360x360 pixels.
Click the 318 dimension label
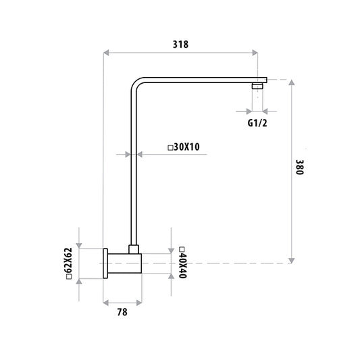pyautogui.click(x=180, y=45)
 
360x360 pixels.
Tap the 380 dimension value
pyautogui.click(x=300, y=167)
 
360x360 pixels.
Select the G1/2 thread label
pyautogui.click(x=257, y=123)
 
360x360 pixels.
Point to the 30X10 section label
pyautogui.click(x=186, y=147)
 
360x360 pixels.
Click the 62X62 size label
pyautogui.click(x=69, y=260)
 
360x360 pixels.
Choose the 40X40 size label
pyautogui.click(x=183, y=265)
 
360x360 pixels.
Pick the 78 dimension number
pyautogui.click(x=122, y=312)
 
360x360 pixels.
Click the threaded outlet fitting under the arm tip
pyautogui.click(x=257, y=86)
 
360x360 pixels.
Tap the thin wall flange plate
pyautogui.click(x=105, y=263)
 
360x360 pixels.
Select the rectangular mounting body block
pyautogui.click(x=124, y=263)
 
